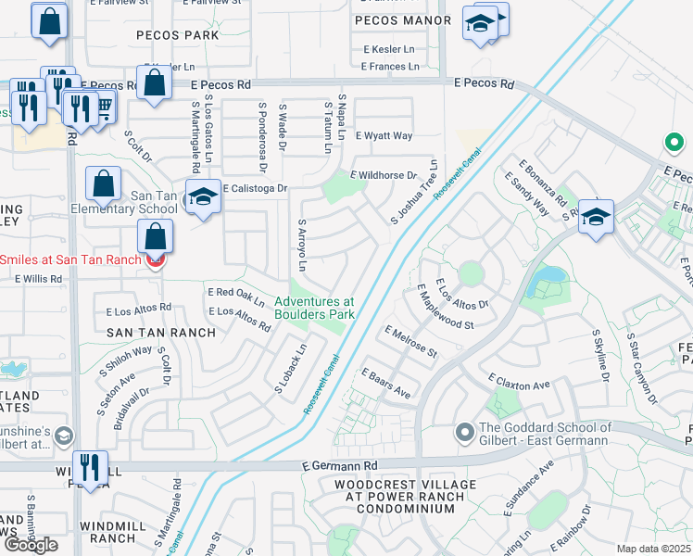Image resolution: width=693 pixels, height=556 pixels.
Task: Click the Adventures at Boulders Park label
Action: point(314,308)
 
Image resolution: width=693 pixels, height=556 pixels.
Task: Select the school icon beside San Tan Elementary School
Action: point(203,197)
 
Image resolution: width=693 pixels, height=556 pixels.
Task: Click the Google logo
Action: point(31,545)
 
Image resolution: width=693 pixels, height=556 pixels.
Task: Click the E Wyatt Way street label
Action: point(383,135)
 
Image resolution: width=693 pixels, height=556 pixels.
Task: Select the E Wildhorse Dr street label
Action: point(383,175)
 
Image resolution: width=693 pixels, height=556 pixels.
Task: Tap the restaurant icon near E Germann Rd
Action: point(89,467)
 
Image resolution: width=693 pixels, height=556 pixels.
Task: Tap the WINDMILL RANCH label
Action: point(121,531)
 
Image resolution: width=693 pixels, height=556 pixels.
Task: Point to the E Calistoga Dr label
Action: point(255,187)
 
